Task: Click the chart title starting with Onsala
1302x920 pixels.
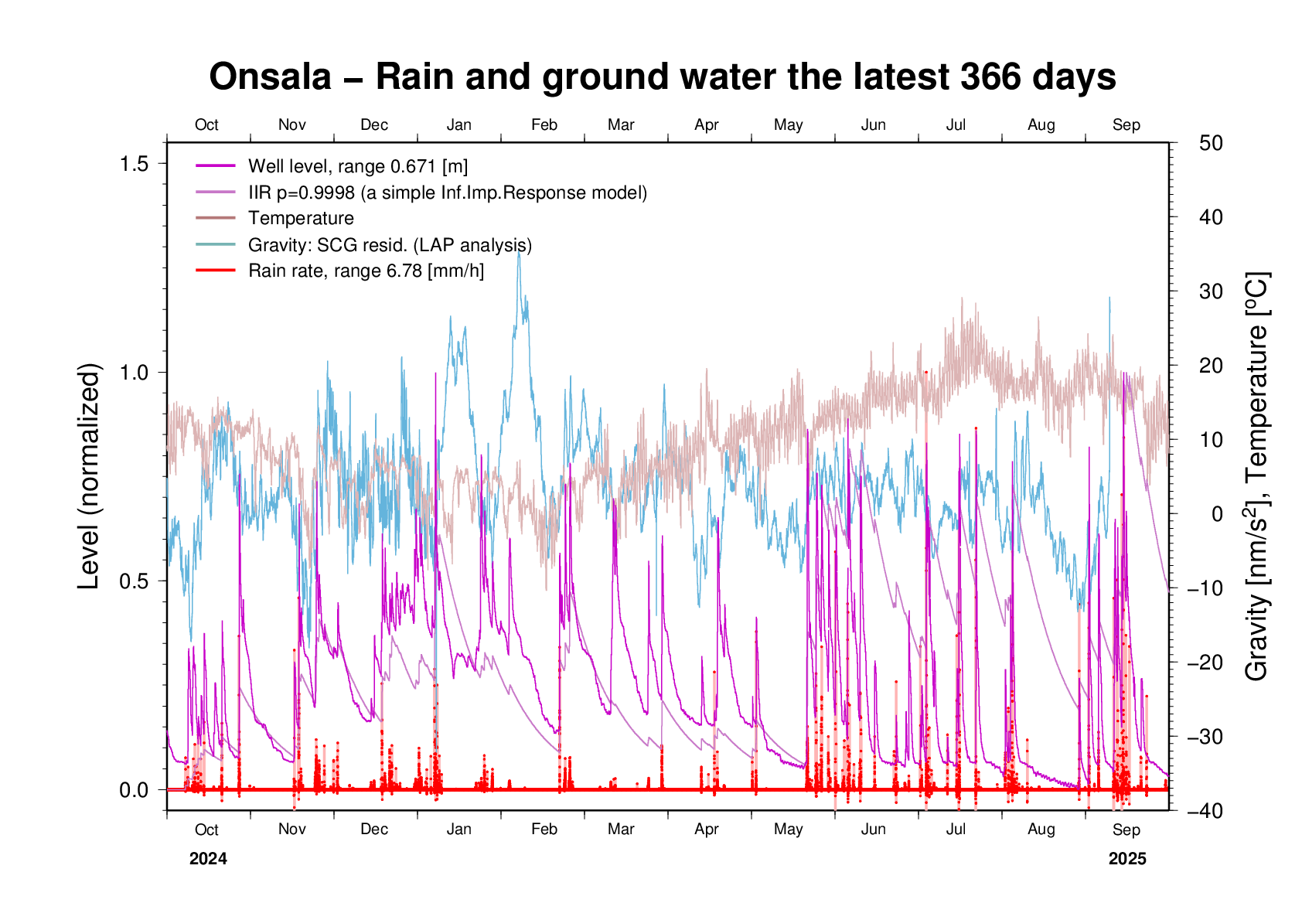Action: coord(663,77)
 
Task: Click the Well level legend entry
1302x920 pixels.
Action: coord(357,166)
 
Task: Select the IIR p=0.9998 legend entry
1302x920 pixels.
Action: coord(447,193)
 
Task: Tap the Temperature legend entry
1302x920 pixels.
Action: coord(301,219)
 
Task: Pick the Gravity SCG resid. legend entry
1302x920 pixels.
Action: coord(390,245)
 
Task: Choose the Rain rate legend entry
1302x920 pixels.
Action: coord(366,271)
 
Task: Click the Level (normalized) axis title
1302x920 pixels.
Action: coord(90,476)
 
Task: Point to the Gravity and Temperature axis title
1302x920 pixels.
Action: coord(1257,476)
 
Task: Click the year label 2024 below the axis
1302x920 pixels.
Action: coord(208,859)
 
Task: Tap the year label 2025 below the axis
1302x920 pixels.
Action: coord(1127,859)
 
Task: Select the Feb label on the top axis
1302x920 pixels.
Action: coord(544,125)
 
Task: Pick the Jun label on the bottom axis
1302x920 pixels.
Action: coord(874,830)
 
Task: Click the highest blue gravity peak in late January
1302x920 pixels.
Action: coord(519,252)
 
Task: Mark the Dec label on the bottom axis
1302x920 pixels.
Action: coord(374,830)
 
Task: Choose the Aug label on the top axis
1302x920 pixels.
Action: coord(1041,125)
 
